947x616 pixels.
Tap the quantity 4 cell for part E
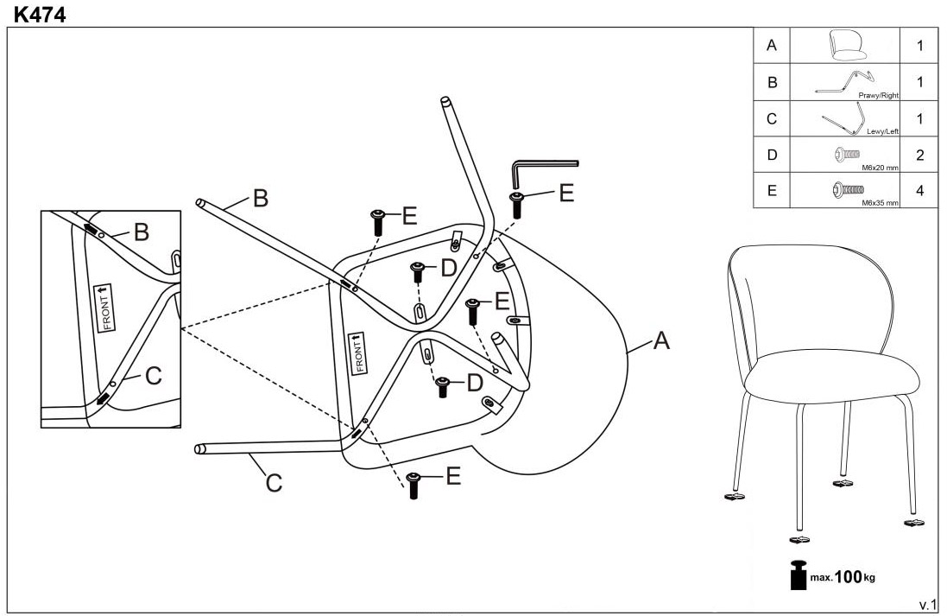pos(919,191)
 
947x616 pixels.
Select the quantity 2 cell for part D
pos(919,156)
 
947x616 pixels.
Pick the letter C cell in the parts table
pos(772,119)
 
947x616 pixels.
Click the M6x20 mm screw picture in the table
pos(845,153)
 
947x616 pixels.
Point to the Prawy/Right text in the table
pos(878,96)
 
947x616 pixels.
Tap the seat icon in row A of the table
pos(843,45)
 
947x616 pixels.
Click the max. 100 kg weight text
pos(843,575)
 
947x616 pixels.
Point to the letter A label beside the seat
pos(660,342)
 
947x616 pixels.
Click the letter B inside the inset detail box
pos(142,232)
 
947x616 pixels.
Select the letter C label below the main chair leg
pos(274,483)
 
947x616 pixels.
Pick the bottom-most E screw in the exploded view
pos(413,486)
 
